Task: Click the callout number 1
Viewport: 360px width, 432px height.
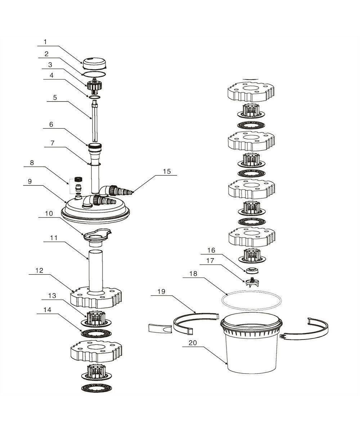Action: click(45, 42)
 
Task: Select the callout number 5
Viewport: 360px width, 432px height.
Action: click(55, 98)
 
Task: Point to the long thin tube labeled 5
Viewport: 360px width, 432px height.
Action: click(95, 121)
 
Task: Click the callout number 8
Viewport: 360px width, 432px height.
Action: click(32, 163)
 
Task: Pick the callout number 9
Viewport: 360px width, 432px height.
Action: click(30, 181)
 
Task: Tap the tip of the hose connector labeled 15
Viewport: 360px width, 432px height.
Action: click(131, 193)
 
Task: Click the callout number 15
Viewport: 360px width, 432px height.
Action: click(167, 171)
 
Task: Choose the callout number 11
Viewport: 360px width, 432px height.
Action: click(54, 238)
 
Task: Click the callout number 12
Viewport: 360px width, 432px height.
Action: click(39, 270)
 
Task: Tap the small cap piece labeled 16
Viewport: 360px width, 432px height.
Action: click(253, 270)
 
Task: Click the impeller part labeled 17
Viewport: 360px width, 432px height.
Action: click(252, 282)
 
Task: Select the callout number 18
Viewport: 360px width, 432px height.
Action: click(193, 274)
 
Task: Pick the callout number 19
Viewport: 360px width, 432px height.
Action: click(161, 292)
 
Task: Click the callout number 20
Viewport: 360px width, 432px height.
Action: click(193, 343)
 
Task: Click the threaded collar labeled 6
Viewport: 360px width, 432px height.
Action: click(95, 147)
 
